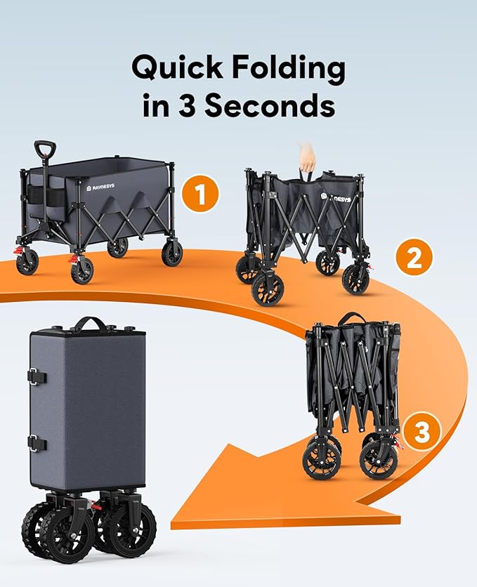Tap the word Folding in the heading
pos(289,70)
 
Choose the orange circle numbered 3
pos(422,432)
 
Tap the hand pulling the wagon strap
pos(306,155)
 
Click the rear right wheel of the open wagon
pos(172,253)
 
